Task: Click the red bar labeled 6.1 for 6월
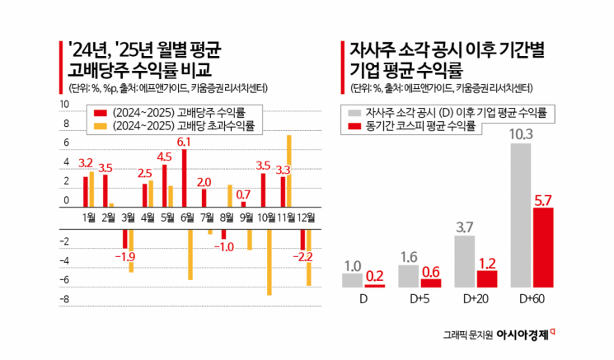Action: point(184,179)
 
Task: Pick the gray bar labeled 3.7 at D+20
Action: point(465,261)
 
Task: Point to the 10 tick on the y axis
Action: point(64,105)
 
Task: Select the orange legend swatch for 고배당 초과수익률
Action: point(100,126)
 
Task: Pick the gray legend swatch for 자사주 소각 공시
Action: point(355,111)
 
